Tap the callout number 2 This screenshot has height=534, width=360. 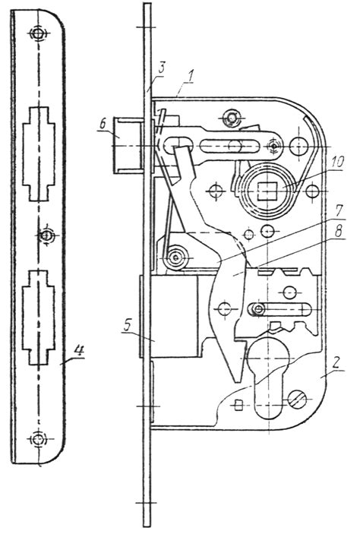pyautogui.click(x=336, y=363)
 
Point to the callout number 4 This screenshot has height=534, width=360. pyautogui.click(x=79, y=350)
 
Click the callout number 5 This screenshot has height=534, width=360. pyautogui.click(x=128, y=325)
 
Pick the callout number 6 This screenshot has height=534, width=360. pyautogui.click(x=103, y=125)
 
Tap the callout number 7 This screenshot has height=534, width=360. pyautogui.click(x=338, y=211)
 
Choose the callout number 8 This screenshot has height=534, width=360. pyautogui.click(x=337, y=232)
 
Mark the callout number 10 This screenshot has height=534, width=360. pyautogui.click(x=337, y=162)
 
